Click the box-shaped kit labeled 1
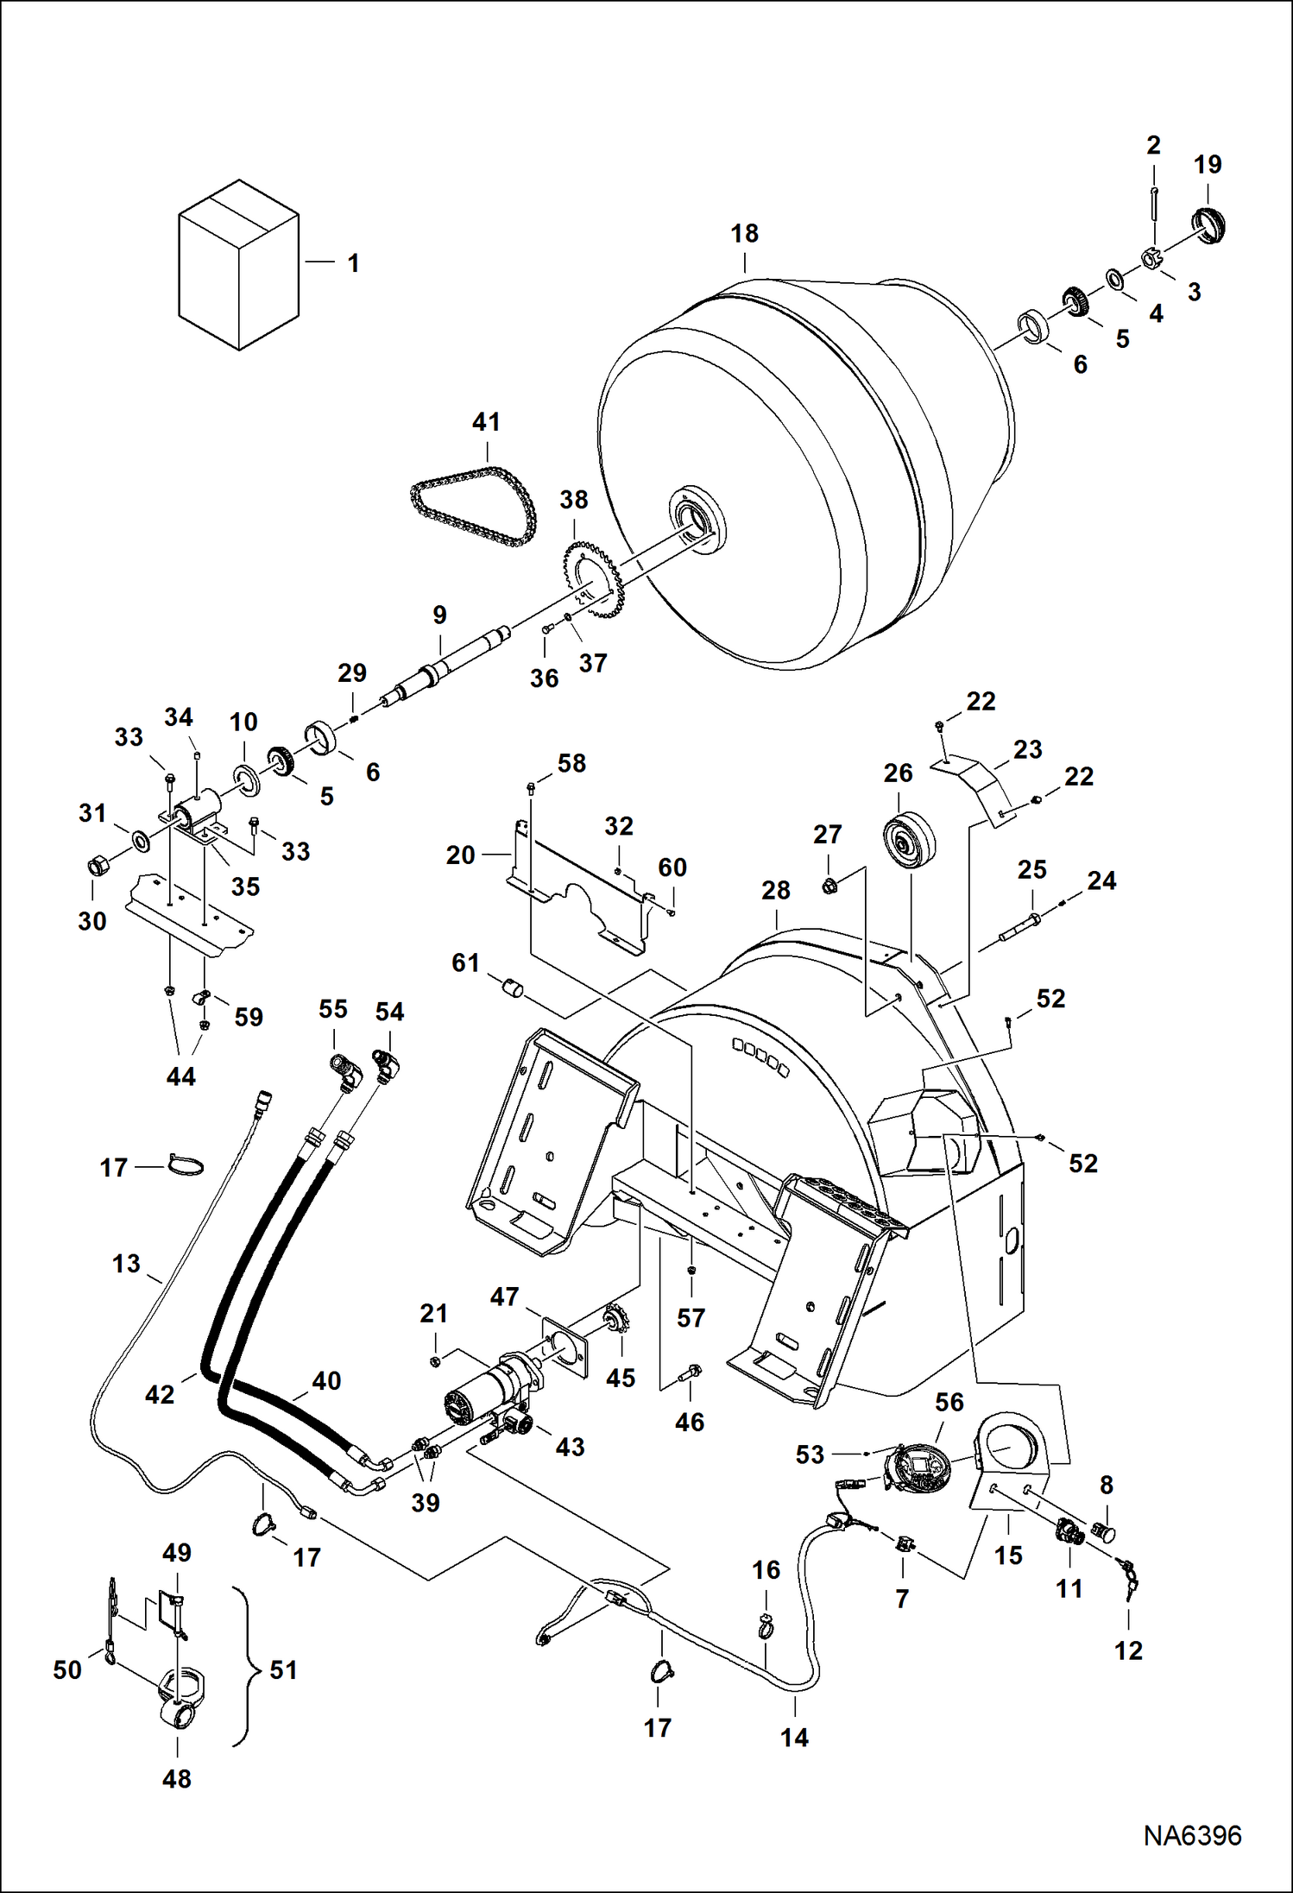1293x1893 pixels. (x=238, y=266)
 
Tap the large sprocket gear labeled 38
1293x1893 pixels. (x=593, y=578)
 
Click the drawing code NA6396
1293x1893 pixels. (x=1192, y=1835)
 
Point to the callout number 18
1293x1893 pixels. (x=744, y=234)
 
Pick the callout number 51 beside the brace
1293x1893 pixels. (x=283, y=1669)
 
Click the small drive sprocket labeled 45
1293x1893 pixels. (x=618, y=1321)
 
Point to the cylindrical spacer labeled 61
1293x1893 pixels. (x=514, y=987)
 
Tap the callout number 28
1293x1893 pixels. (x=775, y=891)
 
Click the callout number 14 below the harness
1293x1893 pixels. (x=794, y=1737)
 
